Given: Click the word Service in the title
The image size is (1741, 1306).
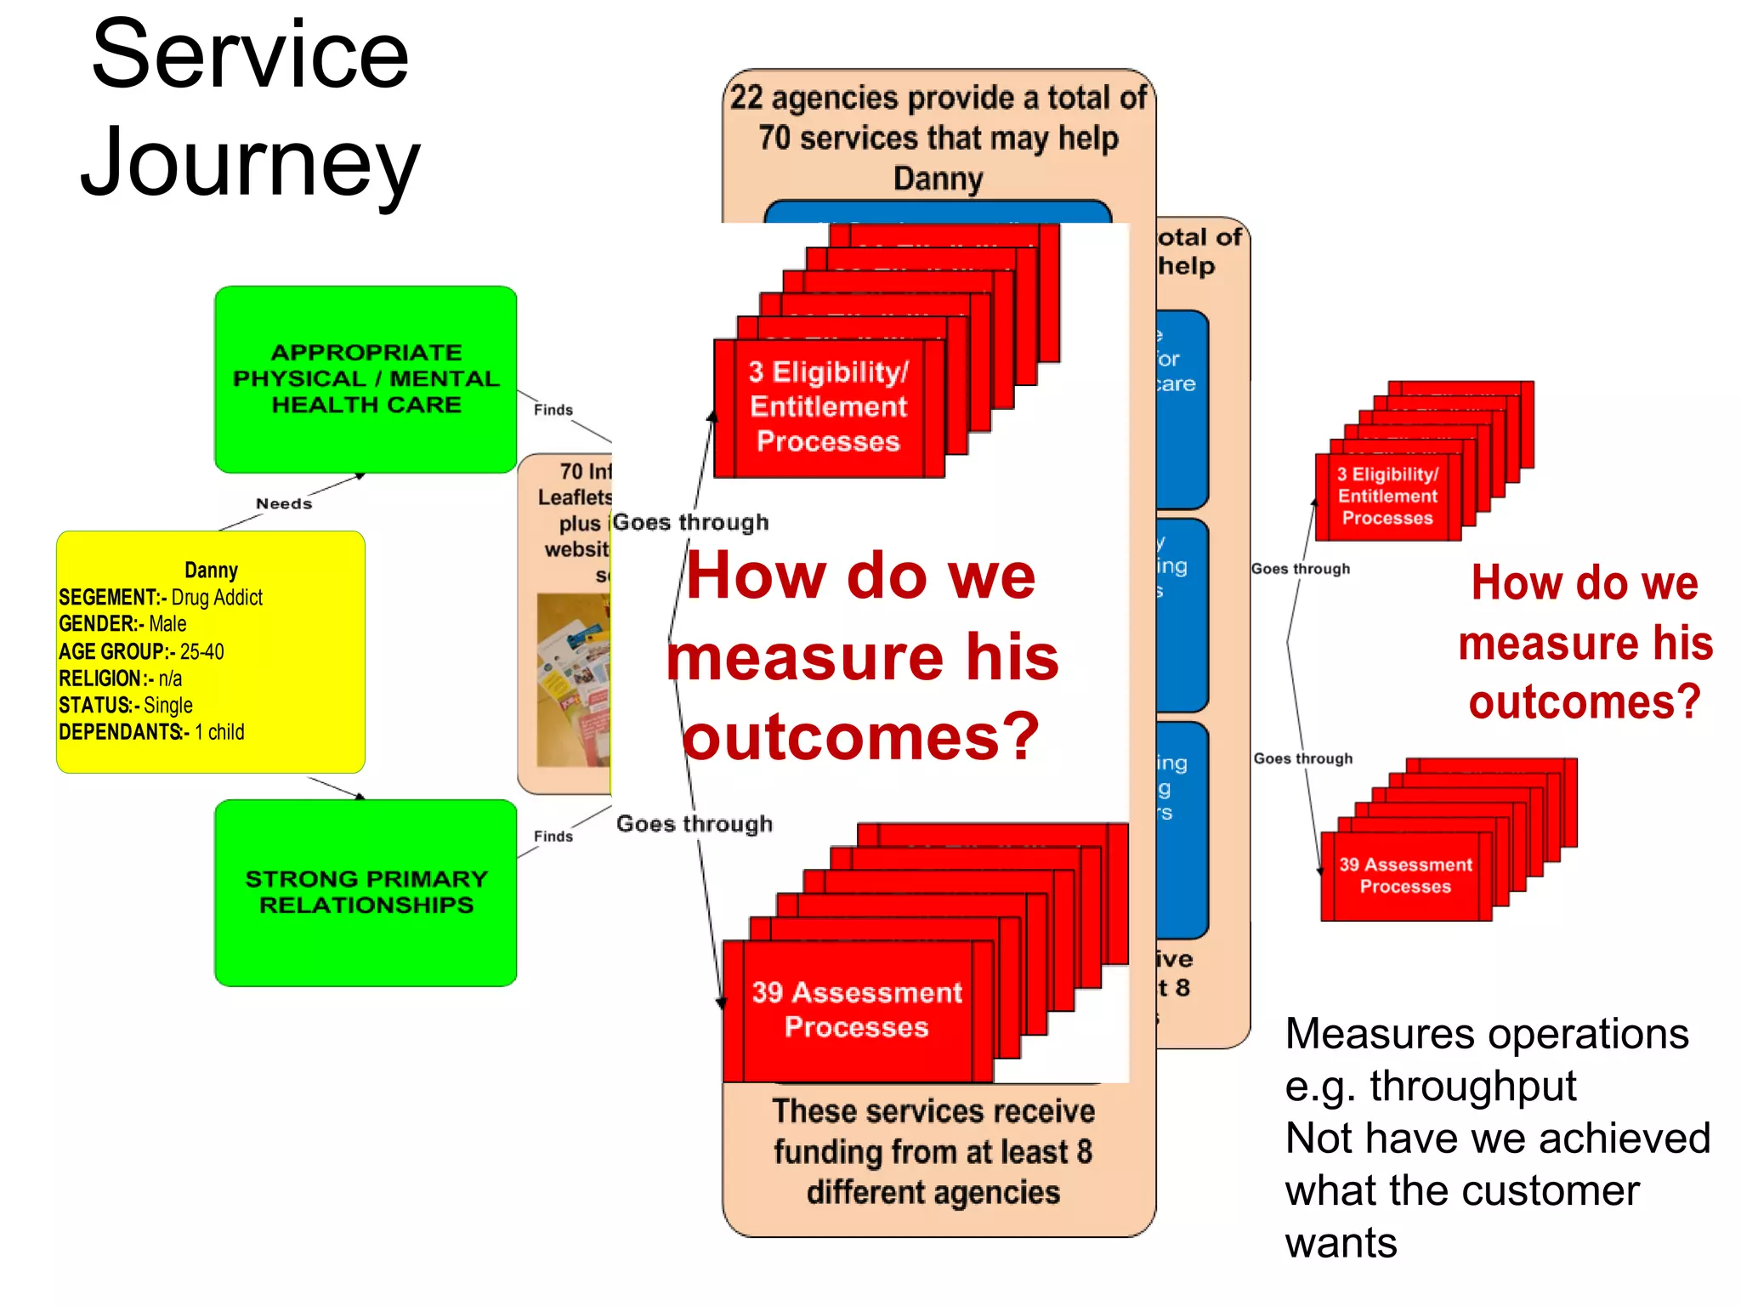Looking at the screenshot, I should (250, 56).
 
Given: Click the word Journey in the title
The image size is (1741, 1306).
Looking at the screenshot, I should (250, 163).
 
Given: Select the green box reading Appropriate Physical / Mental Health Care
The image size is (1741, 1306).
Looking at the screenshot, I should (366, 379).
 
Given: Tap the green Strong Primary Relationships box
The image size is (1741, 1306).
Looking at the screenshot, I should (366, 892).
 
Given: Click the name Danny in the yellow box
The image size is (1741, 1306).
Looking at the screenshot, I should (211, 570).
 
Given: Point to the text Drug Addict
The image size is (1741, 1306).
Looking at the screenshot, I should (217, 598).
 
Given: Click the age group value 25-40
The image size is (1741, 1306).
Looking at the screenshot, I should (201, 652).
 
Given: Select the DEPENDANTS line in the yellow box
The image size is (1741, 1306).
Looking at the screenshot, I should (151, 732).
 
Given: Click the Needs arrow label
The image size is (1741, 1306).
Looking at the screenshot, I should (284, 503).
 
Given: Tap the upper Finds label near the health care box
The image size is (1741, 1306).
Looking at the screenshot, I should (553, 410).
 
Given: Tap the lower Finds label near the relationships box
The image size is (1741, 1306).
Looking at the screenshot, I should (553, 837).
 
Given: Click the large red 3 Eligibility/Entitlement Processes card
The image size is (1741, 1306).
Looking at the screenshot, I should (828, 407).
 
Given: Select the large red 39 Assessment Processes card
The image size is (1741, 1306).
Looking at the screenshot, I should (856, 1009).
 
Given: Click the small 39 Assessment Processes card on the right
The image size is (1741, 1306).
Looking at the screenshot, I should (1404, 876).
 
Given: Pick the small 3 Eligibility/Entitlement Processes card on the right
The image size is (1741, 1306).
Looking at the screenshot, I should (1387, 497).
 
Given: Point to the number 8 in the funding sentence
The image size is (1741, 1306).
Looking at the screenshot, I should (1084, 1152).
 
